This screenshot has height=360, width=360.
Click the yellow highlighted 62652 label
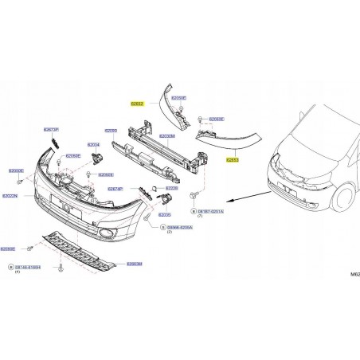(x=138, y=104)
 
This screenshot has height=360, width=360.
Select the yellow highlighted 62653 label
(x=233, y=159)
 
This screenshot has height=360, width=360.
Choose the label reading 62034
(x=92, y=145)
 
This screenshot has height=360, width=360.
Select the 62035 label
(x=165, y=214)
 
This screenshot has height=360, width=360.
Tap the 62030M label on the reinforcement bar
(x=167, y=135)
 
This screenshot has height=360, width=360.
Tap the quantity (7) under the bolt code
(x=201, y=216)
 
